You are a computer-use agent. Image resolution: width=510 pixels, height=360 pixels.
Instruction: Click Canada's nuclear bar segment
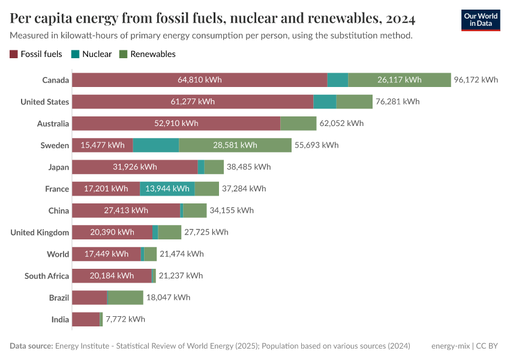(338, 80)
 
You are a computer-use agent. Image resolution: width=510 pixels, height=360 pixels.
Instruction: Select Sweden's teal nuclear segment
(155, 145)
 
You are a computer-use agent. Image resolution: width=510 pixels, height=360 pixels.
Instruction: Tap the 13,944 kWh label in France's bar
(167, 189)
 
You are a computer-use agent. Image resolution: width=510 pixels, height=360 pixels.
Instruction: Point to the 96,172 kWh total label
(476, 80)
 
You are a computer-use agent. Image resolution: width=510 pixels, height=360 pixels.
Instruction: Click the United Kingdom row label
(40, 233)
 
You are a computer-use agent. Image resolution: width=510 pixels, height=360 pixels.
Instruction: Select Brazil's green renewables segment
(125, 298)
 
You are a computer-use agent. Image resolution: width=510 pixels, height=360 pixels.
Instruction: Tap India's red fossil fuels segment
(86, 320)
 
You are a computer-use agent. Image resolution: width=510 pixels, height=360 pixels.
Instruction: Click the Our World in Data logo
(481, 20)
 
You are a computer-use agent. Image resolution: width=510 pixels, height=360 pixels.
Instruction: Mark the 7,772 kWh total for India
(125, 320)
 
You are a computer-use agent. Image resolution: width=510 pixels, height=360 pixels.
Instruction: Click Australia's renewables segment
(298, 124)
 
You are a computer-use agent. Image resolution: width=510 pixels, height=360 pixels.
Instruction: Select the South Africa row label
(47, 276)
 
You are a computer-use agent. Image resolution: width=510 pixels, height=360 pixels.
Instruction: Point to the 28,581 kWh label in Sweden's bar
(235, 145)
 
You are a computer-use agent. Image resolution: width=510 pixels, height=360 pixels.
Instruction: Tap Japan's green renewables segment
(214, 167)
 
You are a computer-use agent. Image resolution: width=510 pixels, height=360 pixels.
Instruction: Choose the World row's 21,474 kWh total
(182, 254)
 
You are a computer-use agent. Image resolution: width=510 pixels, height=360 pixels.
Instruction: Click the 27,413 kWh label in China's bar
(126, 211)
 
